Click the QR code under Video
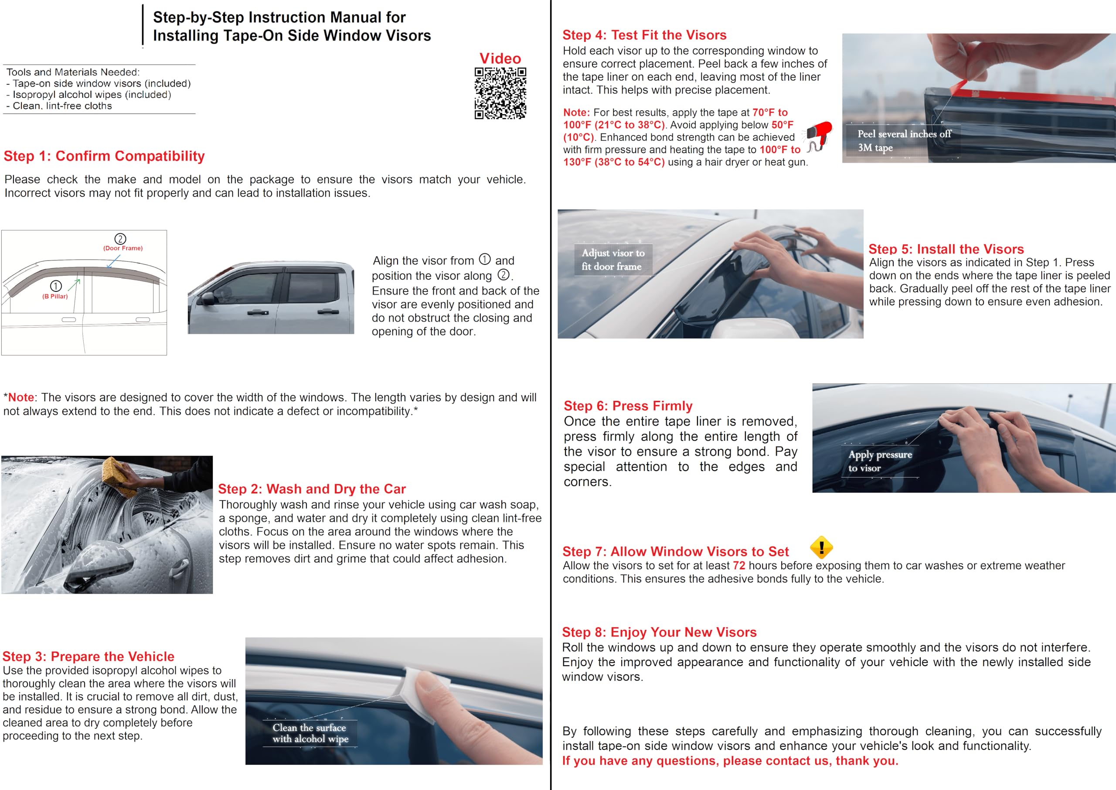click(500, 93)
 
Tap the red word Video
click(500, 58)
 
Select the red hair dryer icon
click(820, 135)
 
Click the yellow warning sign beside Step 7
click(821, 548)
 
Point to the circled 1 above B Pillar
click(56, 286)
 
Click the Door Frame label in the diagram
click(122, 248)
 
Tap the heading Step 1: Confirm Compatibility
click(104, 156)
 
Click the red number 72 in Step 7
click(739, 565)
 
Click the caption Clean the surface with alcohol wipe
click(310, 733)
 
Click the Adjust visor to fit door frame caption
click(612, 260)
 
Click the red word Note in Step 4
click(576, 113)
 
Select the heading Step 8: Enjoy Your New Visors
click(659, 632)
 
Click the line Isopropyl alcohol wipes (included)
click(92, 95)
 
